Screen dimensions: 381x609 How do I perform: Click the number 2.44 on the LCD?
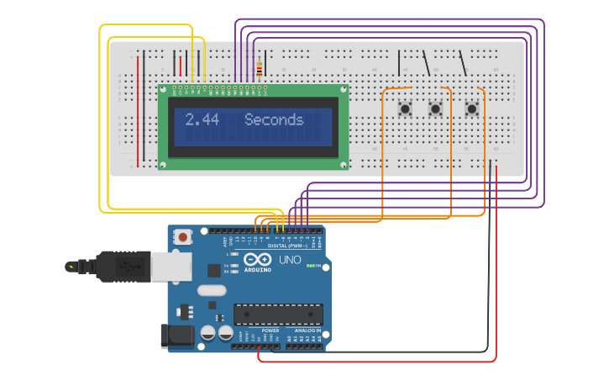(x=202, y=120)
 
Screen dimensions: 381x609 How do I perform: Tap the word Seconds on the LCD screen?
(x=274, y=120)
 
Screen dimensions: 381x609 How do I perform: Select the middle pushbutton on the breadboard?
(x=435, y=108)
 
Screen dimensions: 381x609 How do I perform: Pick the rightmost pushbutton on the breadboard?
(x=472, y=108)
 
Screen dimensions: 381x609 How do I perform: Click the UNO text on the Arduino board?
(x=290, y=261)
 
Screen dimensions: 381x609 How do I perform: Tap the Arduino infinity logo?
(x=258, y=259)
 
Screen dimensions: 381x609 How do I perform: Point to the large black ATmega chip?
(x=278, y=315)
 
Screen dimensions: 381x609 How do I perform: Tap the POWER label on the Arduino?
(x=270, y=331)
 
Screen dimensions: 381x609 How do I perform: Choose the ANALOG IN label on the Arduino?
(x=307, y=331)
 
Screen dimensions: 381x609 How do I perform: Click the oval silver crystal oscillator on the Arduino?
(x=213, y=290)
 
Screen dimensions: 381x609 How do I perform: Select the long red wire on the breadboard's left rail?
(x=139, y=109)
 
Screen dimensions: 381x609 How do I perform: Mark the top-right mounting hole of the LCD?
(x=343, y=88)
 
